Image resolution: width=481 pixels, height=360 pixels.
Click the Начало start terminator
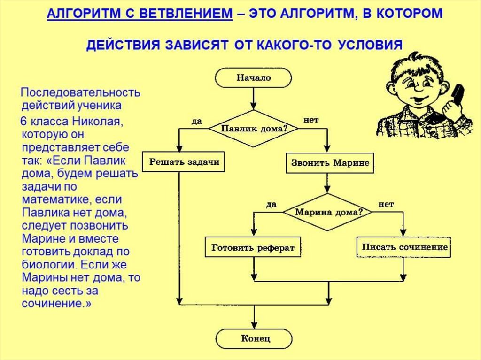pos(254,77)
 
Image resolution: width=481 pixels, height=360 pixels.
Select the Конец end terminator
pos(254,338)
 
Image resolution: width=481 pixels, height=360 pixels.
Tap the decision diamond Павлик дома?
pos(254,128)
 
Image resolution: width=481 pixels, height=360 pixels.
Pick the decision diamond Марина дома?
pos(328,212)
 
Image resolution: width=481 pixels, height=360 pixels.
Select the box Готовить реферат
pos(253,247)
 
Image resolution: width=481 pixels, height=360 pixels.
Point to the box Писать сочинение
pos(404,247)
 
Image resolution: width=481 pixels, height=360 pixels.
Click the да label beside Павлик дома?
pos(197,121)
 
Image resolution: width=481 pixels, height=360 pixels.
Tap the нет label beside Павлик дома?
pos(311,120)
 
